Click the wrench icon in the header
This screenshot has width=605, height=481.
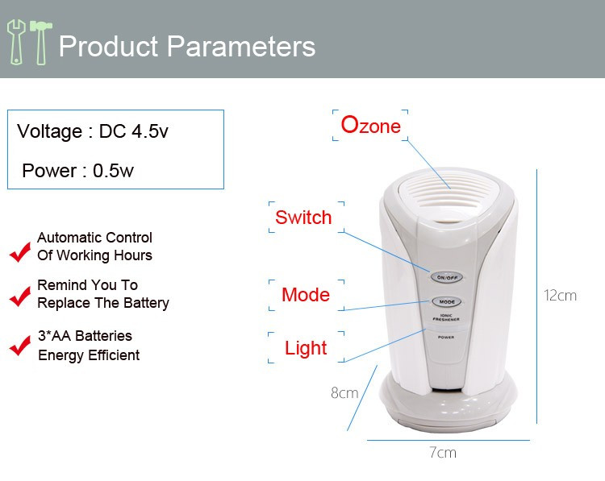15,42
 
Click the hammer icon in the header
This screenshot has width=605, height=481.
40,42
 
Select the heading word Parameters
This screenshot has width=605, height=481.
241,47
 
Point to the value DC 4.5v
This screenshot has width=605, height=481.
133,131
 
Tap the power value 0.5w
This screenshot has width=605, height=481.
113,171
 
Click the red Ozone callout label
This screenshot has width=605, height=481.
370,126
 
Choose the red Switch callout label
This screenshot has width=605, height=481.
303,218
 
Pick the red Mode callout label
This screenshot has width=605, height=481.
306,295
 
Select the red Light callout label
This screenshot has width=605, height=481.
306,348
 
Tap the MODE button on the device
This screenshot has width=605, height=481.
446,302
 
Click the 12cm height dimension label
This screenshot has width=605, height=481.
560,296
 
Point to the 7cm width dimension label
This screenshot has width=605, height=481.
443,453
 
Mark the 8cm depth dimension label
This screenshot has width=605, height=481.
344,393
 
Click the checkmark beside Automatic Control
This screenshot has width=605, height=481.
20,252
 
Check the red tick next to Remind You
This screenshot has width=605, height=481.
20,296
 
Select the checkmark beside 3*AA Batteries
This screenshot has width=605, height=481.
20,346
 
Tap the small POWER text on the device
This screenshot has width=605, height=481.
446,338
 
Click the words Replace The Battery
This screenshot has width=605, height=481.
103,303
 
